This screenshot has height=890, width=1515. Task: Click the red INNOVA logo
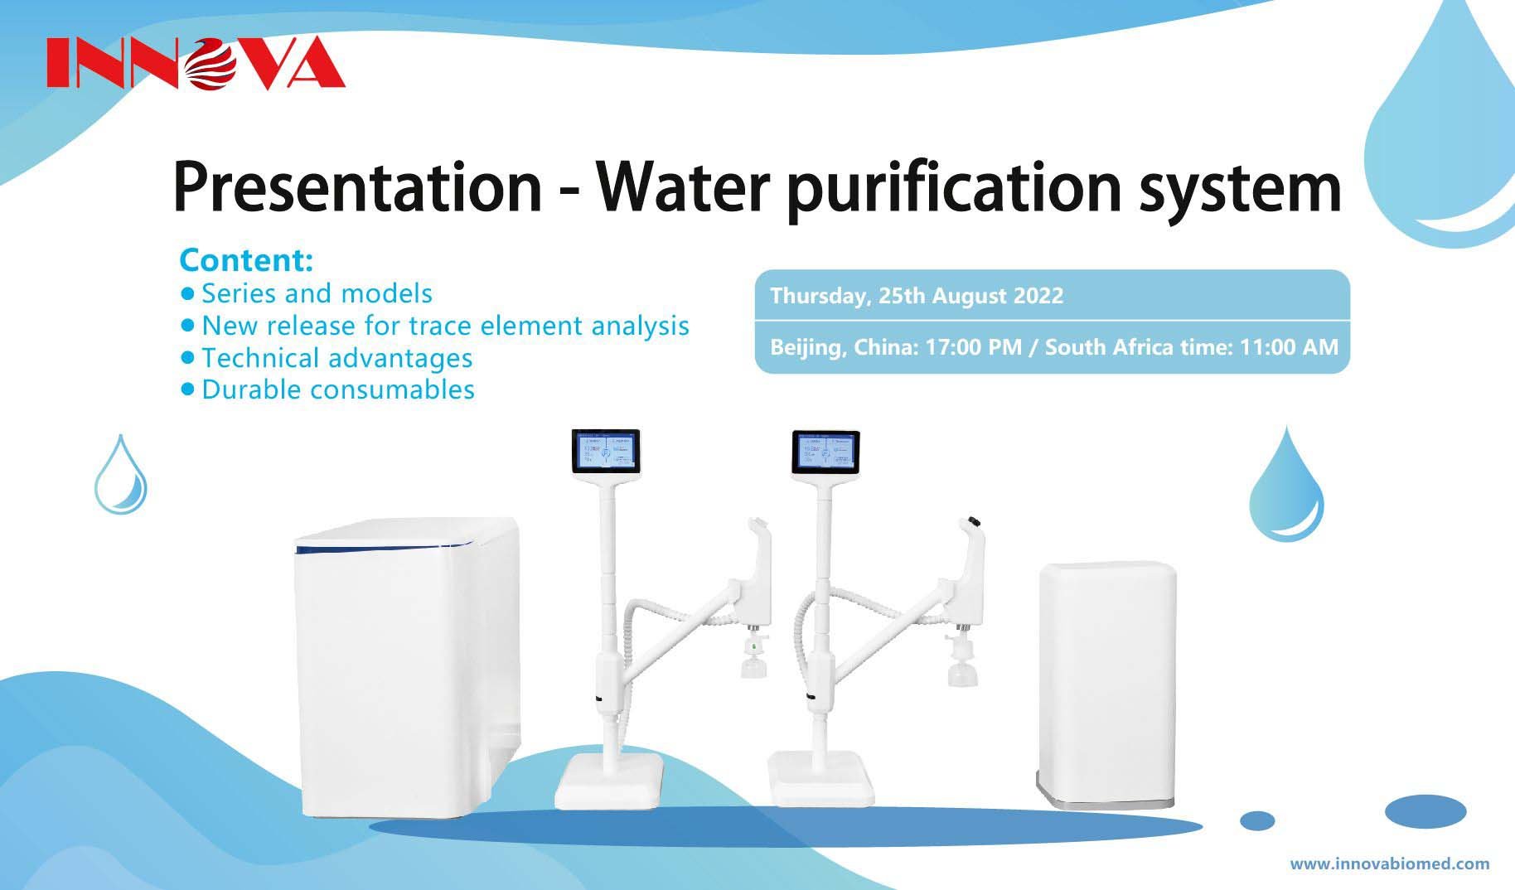(196, 63)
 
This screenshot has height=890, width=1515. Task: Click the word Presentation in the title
(356, 186)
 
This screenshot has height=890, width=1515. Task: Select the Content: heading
(246, 260)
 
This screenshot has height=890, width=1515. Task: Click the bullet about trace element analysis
(445, 326)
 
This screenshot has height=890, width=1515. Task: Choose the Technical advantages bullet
(336, 358)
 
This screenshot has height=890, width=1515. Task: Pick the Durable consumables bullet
(337, 389)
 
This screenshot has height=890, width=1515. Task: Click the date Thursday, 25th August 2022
(917, 296)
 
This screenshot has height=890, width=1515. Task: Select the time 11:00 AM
(1288, 347)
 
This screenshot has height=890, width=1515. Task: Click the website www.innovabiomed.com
(1389, 863)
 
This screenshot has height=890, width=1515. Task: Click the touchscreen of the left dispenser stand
(606, 452)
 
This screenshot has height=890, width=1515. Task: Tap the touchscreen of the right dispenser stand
(825, 452)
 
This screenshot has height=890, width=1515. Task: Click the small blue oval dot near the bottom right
(1257, 820)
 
